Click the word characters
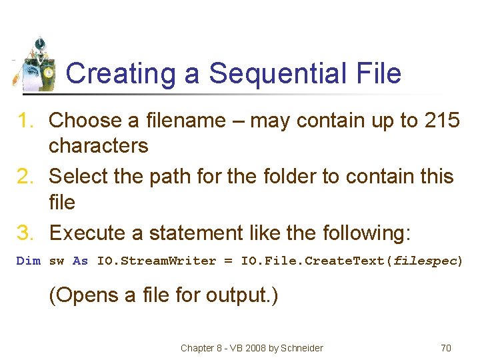tap(99, 146)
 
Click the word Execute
tap(87, 233)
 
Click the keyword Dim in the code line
tap(28, 261)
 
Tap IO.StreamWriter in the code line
tap(156, 261)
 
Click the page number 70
tap(446, 348)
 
